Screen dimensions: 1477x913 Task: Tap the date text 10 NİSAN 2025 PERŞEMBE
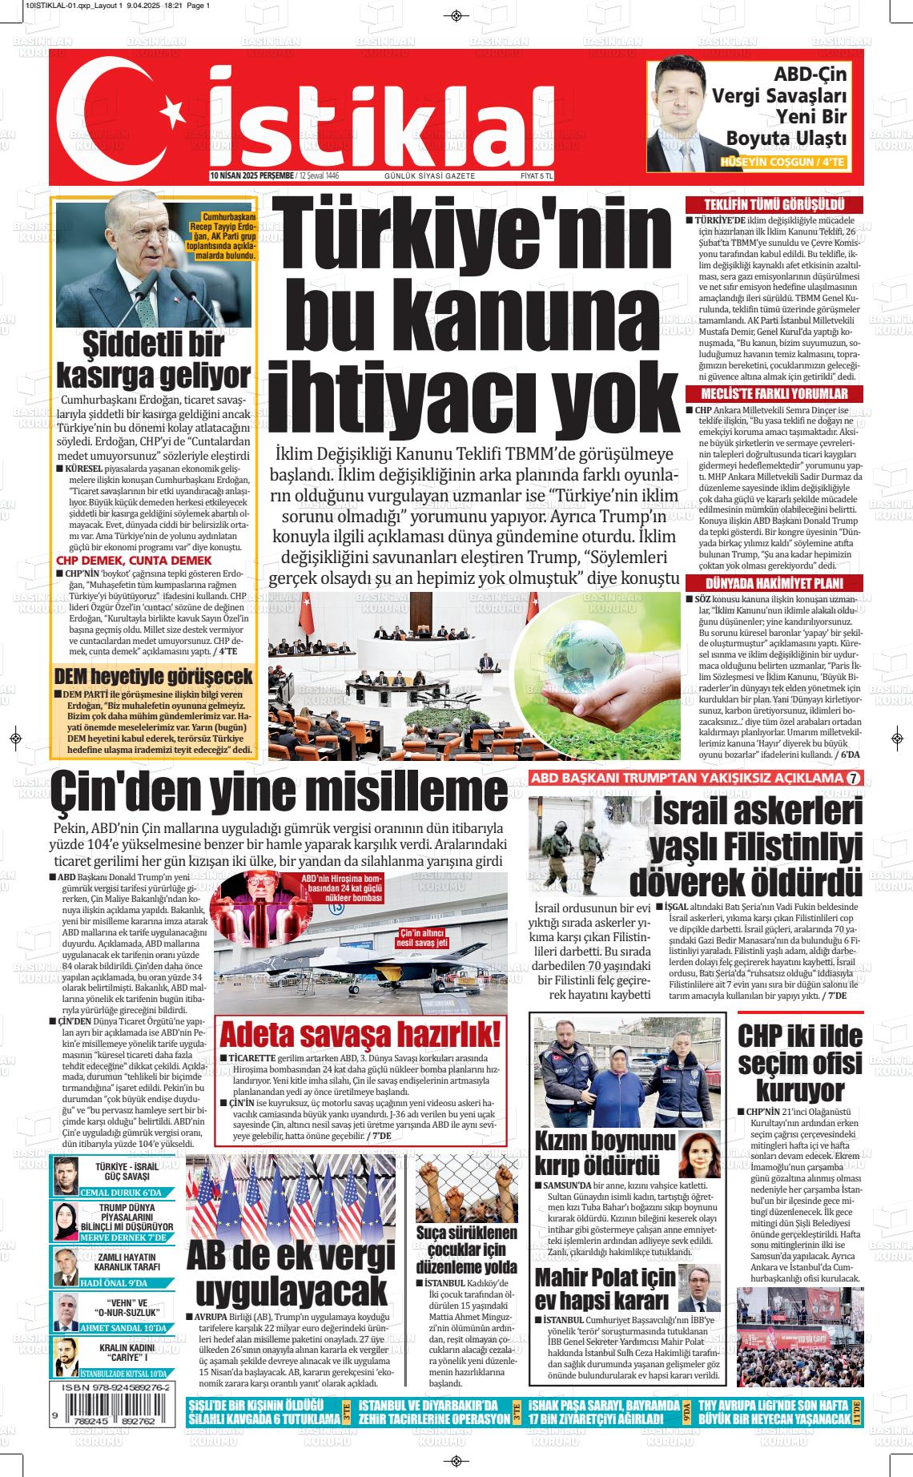tap(251, 175)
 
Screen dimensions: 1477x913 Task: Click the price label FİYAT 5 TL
tap(537, 175)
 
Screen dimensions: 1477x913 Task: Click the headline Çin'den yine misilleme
tap(279, 792)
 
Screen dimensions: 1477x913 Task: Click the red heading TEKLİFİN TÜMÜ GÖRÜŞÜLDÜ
tap(774, 205)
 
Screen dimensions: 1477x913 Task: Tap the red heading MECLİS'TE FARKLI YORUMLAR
tap(774, 394)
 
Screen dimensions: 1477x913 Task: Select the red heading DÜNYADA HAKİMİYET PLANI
tap(774, 583)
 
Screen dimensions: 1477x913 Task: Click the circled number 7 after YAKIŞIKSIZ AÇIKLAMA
tap(854, 779)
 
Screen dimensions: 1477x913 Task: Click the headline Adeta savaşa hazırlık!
tap(360, 1034)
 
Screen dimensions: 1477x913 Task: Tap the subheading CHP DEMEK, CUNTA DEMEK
tap(134, 561)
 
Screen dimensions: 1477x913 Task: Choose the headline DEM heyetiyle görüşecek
tap(153, 675)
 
